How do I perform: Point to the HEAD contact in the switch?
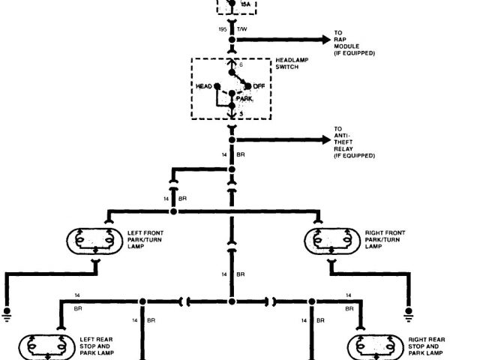(217, 86)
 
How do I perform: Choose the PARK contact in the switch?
(232, 94)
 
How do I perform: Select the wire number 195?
(223, 28)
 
